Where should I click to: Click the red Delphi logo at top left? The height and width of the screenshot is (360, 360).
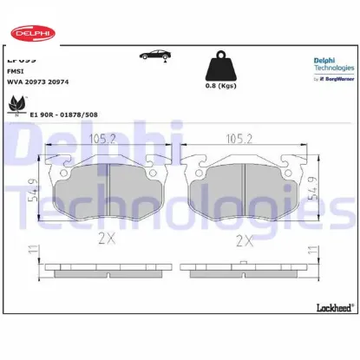click(31, 34)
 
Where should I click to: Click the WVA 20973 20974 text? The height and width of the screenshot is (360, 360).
click(38, 82)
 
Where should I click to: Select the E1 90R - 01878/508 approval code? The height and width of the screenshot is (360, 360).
click(62, 114)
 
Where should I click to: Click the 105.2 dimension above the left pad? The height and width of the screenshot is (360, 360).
click(107, 137)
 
